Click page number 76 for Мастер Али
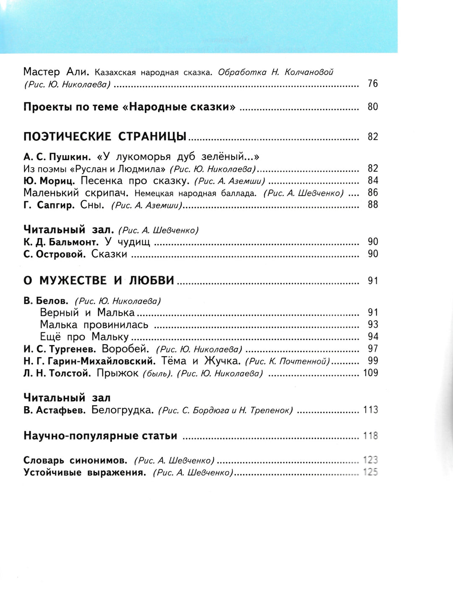(372, 83)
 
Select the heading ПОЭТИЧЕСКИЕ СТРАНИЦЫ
(105, 137)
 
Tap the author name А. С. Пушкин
(57, 157)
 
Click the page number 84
(372, 181)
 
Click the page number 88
(372, 205)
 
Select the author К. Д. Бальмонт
(61, 242)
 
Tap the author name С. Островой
(55, 254)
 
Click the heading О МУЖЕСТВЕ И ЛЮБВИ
(99, 280)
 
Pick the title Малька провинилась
(94, 325)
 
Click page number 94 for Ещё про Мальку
(372, 337)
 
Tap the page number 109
(370, 373)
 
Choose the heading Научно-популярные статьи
(100, 436)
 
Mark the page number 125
(370, 472)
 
